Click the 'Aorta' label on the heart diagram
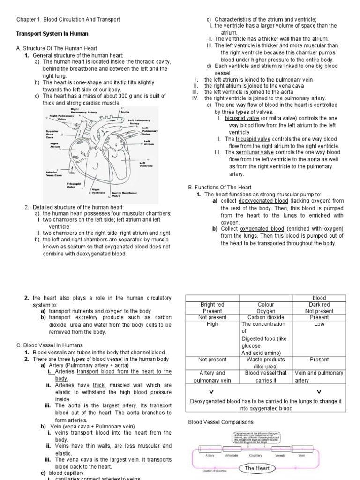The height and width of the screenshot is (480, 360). tap(125, 112)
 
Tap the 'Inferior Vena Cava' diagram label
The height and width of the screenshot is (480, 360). tap(54, 173)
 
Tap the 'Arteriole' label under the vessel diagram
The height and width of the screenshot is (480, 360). tap(232, 455)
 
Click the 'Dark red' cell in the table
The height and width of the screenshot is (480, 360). tap(319, 304)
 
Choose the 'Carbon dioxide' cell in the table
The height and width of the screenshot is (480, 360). tap(266, 317)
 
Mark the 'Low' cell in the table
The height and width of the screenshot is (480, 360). tap(319, 324)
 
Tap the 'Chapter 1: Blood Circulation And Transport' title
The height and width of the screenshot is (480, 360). tap(68, 19)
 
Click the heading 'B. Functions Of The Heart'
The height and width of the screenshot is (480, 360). tap(217, 187)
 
